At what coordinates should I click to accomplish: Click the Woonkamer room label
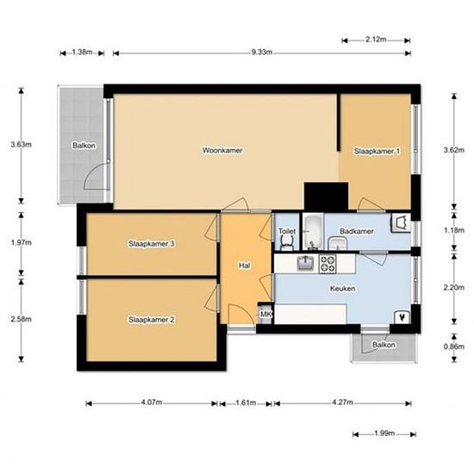point(222,150)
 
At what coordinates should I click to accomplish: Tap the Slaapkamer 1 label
point(377,151)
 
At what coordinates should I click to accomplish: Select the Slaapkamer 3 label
point(151,244)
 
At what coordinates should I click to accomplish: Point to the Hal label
point(244,265)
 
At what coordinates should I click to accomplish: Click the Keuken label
point(342,289)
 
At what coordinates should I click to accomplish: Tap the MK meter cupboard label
point(265,314)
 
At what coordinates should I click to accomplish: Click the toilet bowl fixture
point(287,243)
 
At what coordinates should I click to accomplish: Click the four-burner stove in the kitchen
point(327,264)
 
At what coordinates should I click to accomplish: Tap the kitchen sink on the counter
point(305,263)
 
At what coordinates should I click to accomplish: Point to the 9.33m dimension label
point(262,53)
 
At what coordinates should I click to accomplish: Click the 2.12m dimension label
point(376,40)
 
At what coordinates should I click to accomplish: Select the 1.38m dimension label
point(82,53)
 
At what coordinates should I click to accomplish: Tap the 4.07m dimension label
point(152,402)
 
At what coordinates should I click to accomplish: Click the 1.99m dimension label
point(384,433)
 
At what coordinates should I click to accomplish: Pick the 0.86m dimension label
point(453,346)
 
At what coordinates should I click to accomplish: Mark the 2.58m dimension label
point(22,319)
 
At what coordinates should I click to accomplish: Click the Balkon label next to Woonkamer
point(84,146)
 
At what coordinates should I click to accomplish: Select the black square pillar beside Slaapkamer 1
point(326,196)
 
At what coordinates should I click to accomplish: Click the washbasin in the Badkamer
point(337,244)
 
